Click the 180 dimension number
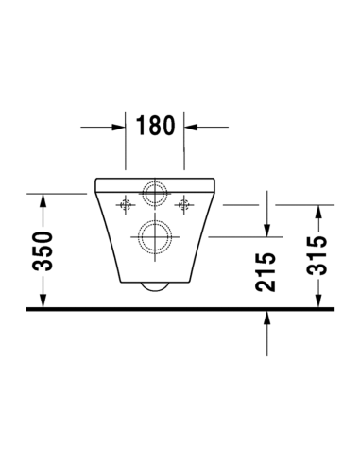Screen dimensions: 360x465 (x=155, y=126)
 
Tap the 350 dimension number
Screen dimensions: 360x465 (x=43, y=250)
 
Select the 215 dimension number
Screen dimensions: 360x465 (x=266, y=272)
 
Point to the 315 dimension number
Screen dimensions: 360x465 (x=317, y=256)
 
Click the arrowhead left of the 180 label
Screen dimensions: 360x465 (x=119, y=127)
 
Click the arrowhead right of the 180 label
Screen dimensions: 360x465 (x=191, y=127)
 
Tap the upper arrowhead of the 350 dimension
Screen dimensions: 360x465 (x=43, y=200)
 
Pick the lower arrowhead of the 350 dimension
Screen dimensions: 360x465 (x=43, y=301)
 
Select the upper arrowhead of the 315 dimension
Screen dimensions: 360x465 (x=318, y=212)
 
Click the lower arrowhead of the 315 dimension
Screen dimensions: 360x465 (x=318, y=301)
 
